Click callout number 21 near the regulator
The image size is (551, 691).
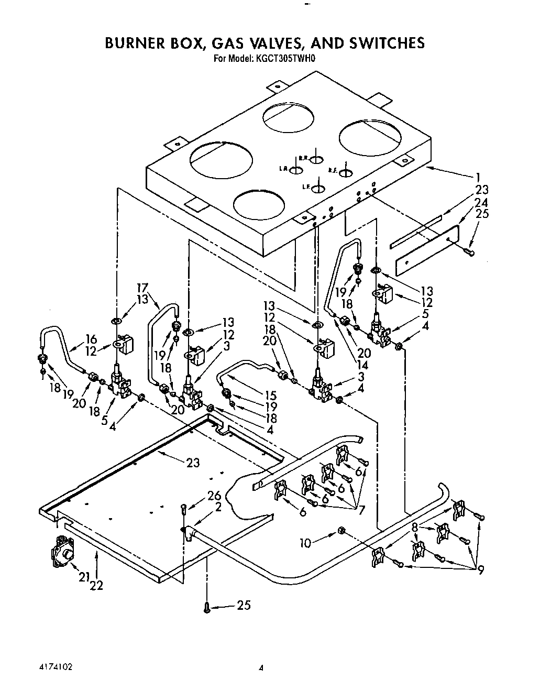pos(84,577)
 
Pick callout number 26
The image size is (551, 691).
pos(214,496)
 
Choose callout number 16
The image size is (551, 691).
pos(91,339)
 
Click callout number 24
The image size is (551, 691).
pos(481,201)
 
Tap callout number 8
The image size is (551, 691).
pos(415,528)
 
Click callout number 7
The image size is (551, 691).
pos(360,509)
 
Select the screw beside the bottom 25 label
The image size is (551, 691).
pos(207,607)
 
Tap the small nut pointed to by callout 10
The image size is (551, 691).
pos(341,531)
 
